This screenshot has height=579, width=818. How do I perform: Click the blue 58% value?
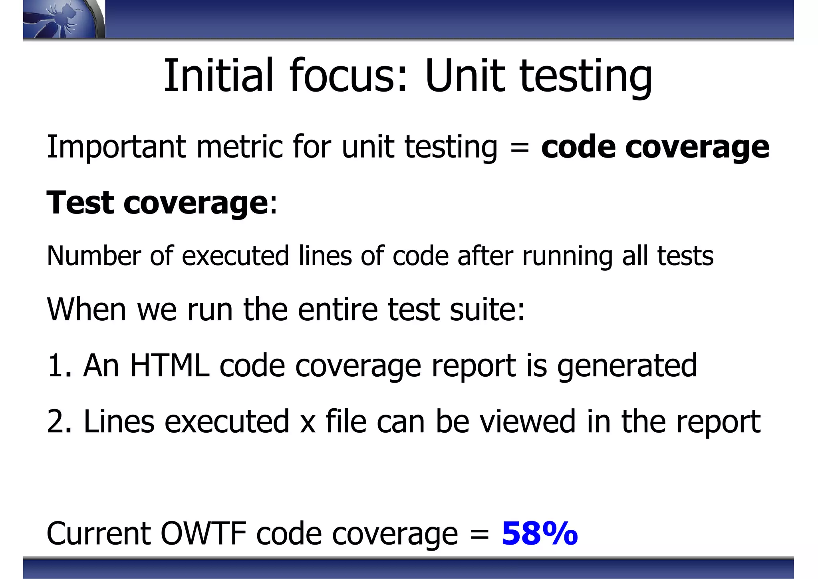pos(539,533)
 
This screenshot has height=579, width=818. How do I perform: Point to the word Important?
pos(116,147)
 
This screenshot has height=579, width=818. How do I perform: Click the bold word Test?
pos(80,203)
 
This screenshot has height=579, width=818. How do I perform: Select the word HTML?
pos(170,365)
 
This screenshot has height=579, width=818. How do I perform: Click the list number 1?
pos(56,365)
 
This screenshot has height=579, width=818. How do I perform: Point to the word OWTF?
pos(203,533)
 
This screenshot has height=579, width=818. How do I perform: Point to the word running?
pos(567,256)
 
